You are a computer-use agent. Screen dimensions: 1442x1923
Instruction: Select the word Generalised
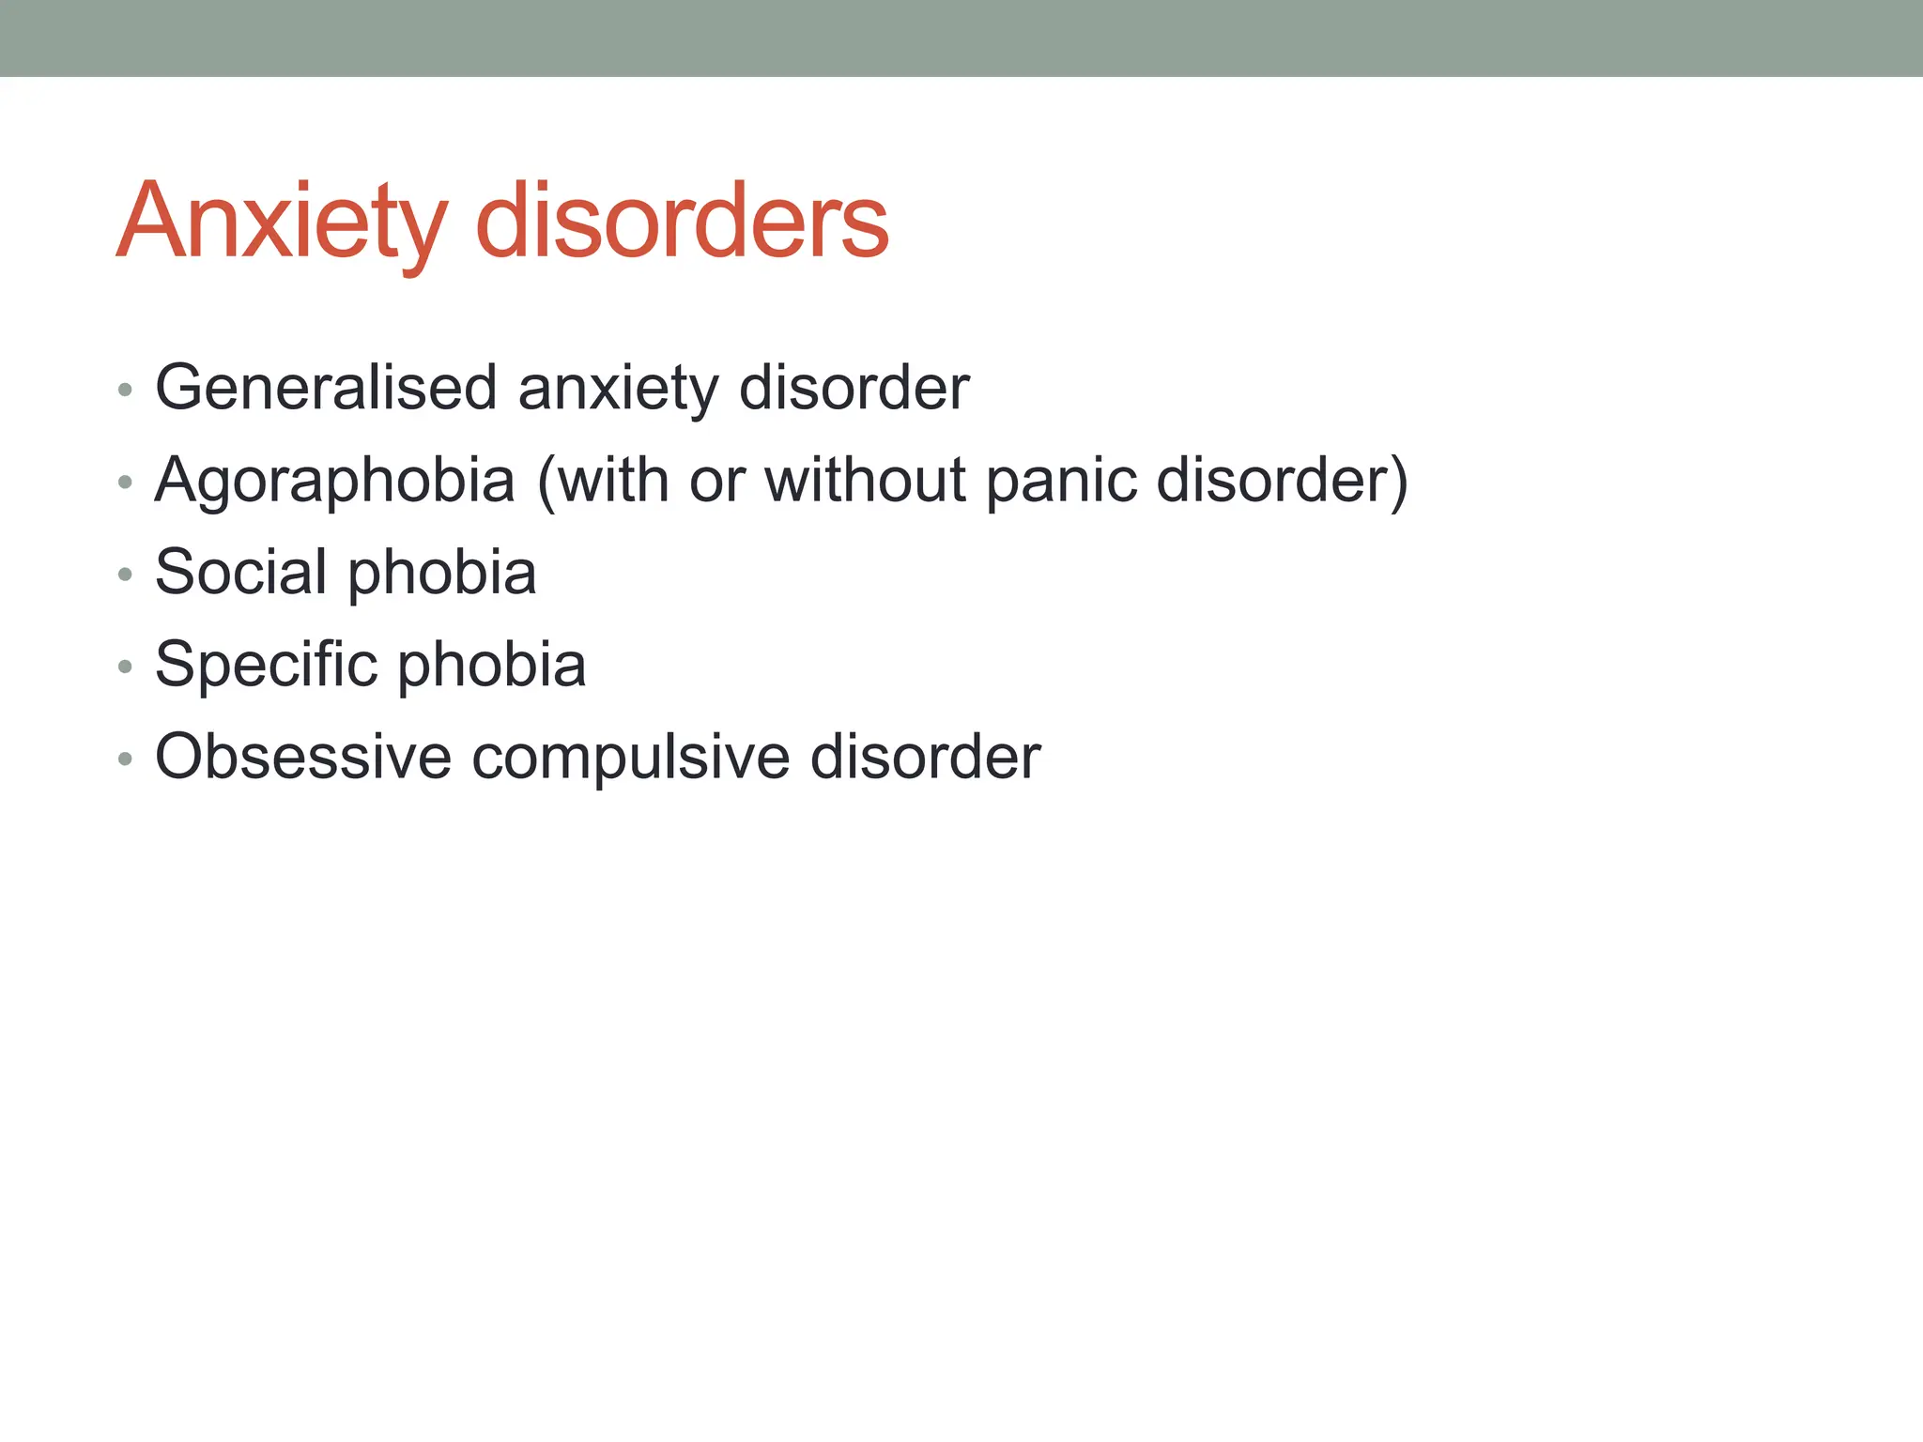pyautogui.click(x=326, y=387)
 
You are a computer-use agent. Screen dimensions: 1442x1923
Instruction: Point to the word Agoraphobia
pyautogui.click(x=335, y=481)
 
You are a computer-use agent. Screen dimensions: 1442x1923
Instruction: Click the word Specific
pyautogui.click(x=266, y=665)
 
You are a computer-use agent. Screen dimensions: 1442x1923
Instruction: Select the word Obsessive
pyautogui.click(x=303, y=757)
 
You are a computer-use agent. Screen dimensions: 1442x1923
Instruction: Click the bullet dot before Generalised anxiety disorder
pyautogui.click(x=125, y=390)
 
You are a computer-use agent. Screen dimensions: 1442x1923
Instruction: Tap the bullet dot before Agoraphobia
pyautogui.click(x=125, y=483)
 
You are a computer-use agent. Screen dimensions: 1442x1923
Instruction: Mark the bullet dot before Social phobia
pyautogui.click(x=125, y=575)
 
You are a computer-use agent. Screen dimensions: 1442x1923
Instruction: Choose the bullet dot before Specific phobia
pyautogui.click(x=125, y=667)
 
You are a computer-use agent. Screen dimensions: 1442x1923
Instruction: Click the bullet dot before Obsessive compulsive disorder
pyautogui.click(x=125, y=759)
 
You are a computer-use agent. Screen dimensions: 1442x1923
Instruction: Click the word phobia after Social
pyautogui.click(x=442, y=573)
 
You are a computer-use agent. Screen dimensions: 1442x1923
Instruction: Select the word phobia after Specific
pyautogui.click(x=492, y=665)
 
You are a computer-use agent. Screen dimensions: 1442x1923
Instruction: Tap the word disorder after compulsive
pyautogui.click(x=925, y=757)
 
